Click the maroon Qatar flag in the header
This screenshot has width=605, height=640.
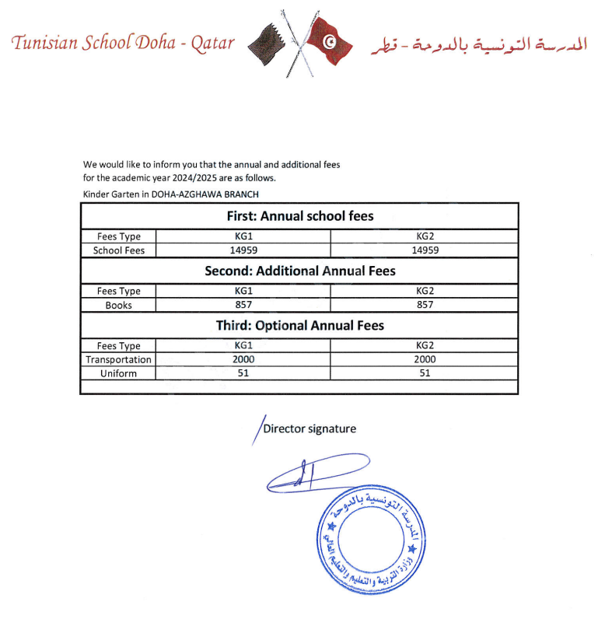pyautogui.click(x=268, y=43)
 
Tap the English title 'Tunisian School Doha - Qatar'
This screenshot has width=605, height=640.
pyautogui.click(x=123, y=42)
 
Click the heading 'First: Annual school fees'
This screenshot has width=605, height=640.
pyautogui.click(x=299, y=216)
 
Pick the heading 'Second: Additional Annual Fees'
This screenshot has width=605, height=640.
pyautogui.click(x=299, y=271)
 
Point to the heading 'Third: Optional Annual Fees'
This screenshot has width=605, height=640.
pyautogui.click(x=299, y=325)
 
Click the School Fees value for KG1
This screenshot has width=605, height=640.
pyautogui.click(x=243, y=250)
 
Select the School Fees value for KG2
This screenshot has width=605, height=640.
pyautogui.click(x=425, y=250)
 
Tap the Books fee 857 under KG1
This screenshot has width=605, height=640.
pyautogui.click(x=243, y=305)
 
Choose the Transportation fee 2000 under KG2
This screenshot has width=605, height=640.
pyautogui.click(x=425, y=359)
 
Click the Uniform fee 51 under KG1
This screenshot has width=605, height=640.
pyautogui.click(x=243, y=373)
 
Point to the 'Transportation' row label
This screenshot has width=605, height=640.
pyautogui.click(x=118, y=359)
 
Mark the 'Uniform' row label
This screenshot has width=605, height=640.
pyautogui.click(x=118, y=373)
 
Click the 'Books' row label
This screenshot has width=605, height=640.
pyautogui.click(x=118, y=305)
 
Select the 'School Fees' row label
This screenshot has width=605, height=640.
pyautogui.click(x=118, y=250)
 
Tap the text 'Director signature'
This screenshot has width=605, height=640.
pyautogui.click(x=309, y=428)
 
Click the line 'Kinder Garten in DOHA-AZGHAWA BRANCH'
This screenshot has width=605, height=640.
pyautogui.click(x=171, y=194)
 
